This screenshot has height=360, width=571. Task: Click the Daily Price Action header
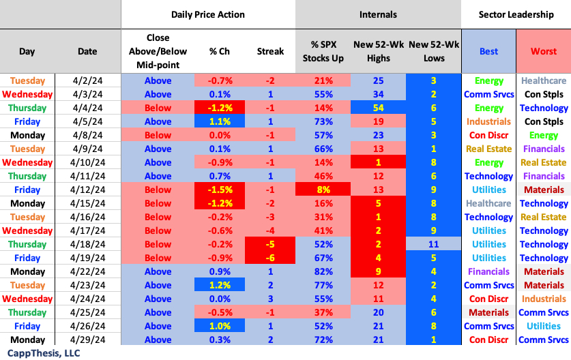208,14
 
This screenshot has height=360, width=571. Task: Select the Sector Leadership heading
515,14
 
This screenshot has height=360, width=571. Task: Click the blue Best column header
488,51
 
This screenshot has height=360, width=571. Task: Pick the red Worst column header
543,51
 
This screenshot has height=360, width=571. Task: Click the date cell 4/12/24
87,190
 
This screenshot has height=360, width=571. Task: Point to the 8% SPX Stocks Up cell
323,190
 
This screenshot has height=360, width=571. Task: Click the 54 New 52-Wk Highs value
378,108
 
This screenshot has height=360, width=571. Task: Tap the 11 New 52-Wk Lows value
433,244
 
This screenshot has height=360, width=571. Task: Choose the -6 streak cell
270,258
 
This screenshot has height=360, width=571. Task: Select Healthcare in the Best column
488,203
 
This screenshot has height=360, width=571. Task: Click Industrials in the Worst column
544,299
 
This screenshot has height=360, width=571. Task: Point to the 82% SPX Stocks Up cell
323,271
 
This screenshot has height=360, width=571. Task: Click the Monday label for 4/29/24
27,340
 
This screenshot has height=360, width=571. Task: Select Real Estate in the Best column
488,149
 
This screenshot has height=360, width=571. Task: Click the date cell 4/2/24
87,80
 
